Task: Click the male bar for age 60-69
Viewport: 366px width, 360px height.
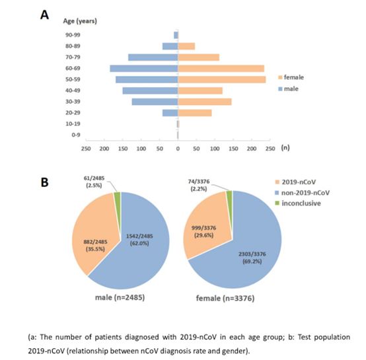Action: click(144, 68)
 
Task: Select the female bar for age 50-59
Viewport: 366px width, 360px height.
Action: click(222, 79)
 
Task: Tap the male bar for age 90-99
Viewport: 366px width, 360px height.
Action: click(176, 35)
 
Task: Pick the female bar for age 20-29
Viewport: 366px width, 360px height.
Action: click(195, 113)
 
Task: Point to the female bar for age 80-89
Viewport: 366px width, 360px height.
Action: click(186, 46)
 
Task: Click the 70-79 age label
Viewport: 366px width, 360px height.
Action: click(73, 57)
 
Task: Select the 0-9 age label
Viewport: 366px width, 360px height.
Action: click(76, 135)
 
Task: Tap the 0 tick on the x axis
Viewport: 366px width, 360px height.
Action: click(178, 149)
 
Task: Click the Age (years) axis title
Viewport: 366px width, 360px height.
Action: click(80, 21)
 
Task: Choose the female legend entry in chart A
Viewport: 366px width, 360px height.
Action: click(291, 77)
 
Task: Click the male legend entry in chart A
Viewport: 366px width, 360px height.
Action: click(289, 89)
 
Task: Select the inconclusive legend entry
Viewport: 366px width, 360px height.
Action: click(298, 203)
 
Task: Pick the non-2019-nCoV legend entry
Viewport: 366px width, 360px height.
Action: click(303, 193)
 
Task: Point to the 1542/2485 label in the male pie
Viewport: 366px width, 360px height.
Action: click(139, 236)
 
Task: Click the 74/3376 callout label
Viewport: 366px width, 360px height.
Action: click(199, 182)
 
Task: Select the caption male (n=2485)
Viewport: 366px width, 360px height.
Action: click(120, 297)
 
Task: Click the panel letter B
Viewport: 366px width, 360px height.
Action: click(44, 182)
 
